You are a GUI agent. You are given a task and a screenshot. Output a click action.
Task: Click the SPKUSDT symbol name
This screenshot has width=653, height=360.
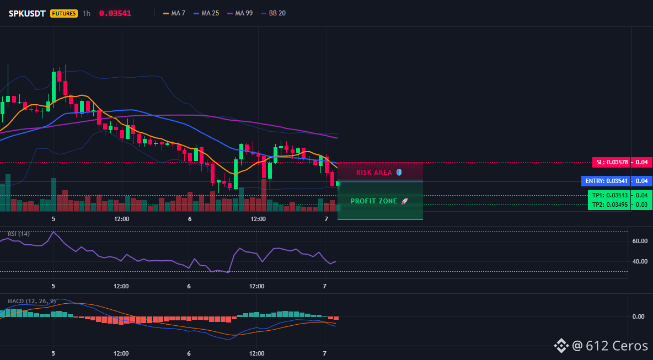[27, 13]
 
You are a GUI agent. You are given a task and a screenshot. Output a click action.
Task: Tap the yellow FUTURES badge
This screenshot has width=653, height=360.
[64, 13]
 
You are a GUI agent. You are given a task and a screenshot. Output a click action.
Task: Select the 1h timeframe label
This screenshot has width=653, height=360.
[86, 13]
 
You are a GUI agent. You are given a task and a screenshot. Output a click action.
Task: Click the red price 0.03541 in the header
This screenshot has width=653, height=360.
[115, 13]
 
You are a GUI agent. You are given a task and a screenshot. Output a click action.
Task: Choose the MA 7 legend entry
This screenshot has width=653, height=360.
[174, 13]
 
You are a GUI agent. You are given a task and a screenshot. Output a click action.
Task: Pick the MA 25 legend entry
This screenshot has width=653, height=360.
[206, 13]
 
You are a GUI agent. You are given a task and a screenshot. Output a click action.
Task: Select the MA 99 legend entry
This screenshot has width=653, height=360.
[240, 13]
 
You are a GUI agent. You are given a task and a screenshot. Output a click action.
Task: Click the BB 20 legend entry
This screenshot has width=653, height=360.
[273, 13]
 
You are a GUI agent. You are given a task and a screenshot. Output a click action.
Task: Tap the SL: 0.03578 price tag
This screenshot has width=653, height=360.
[611, 162]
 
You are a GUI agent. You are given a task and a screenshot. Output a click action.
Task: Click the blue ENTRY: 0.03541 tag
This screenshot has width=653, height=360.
[606, 181]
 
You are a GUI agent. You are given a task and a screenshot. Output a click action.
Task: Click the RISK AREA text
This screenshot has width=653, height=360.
[374, 173]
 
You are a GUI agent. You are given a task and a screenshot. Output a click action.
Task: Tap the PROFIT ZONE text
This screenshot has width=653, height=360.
[373, 201]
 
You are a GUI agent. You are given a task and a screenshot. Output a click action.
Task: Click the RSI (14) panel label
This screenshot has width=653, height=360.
[19, 234]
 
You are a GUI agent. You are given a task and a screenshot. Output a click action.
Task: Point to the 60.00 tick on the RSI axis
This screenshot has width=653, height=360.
[640, 240]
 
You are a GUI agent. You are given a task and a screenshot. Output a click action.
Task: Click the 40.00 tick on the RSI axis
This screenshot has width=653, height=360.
[640, 261]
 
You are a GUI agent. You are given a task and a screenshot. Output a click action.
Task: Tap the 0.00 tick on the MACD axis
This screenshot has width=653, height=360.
[639, 316]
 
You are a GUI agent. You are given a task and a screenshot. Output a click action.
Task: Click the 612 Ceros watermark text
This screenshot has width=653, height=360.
[617, 346]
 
